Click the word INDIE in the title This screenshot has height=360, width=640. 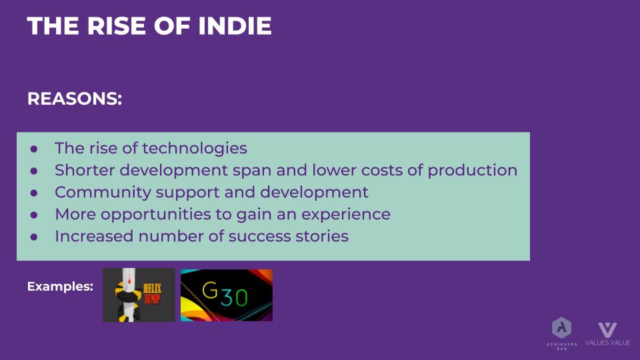point(235,26)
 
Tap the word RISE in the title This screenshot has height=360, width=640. point(116,26)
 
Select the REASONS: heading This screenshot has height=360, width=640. point(75,99)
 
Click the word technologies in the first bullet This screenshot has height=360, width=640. point(194,149)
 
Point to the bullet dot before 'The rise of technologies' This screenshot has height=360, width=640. point(34,149)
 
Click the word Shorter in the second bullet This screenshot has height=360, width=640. point(85,170)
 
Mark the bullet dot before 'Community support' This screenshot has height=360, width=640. point(34,193)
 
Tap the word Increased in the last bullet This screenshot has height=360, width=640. point(94,236)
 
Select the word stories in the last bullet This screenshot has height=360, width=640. point(322,236)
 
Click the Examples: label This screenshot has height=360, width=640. point(60,287)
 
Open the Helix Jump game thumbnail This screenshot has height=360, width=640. point(139,295)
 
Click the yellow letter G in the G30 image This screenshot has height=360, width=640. point(210,290)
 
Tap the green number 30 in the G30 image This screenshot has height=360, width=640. point(234,297)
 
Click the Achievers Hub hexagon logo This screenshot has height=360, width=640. point(561,328)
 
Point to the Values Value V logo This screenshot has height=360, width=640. point(607,330)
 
